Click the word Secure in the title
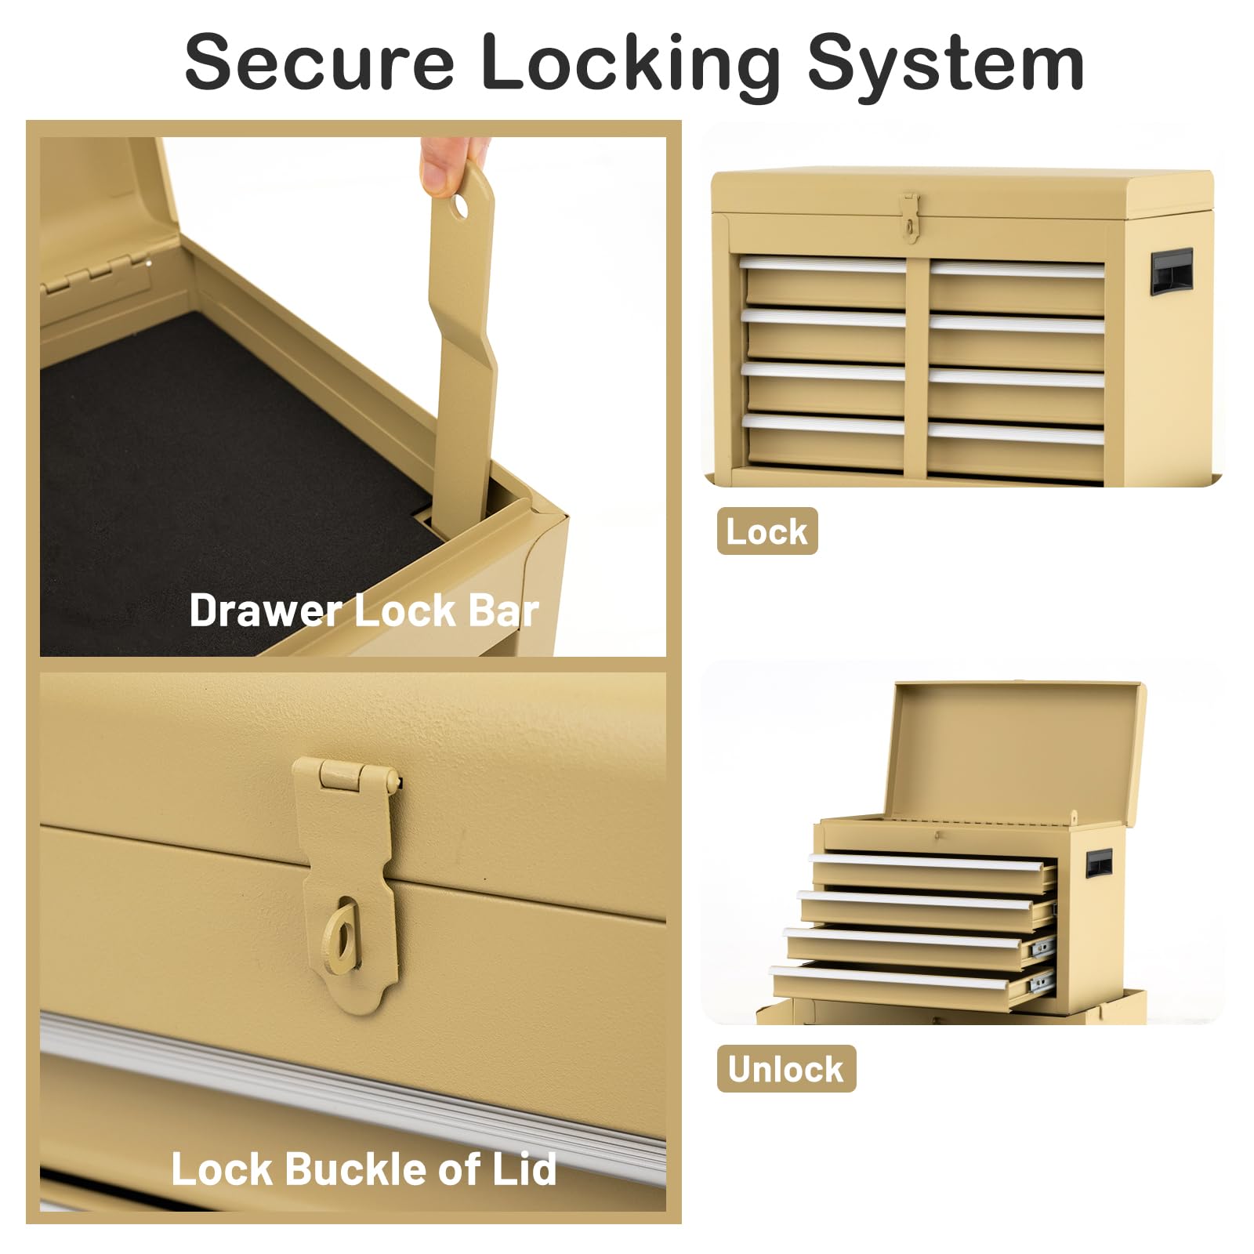pos(319,62)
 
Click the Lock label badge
pos(767,531)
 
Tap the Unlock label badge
pos(786,1069)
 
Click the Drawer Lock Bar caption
pos(364,610)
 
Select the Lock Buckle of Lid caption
pos(364,1169)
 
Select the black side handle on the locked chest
pos(1172,270)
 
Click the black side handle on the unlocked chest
pos(1099,863)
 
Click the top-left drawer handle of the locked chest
pos(822,266)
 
